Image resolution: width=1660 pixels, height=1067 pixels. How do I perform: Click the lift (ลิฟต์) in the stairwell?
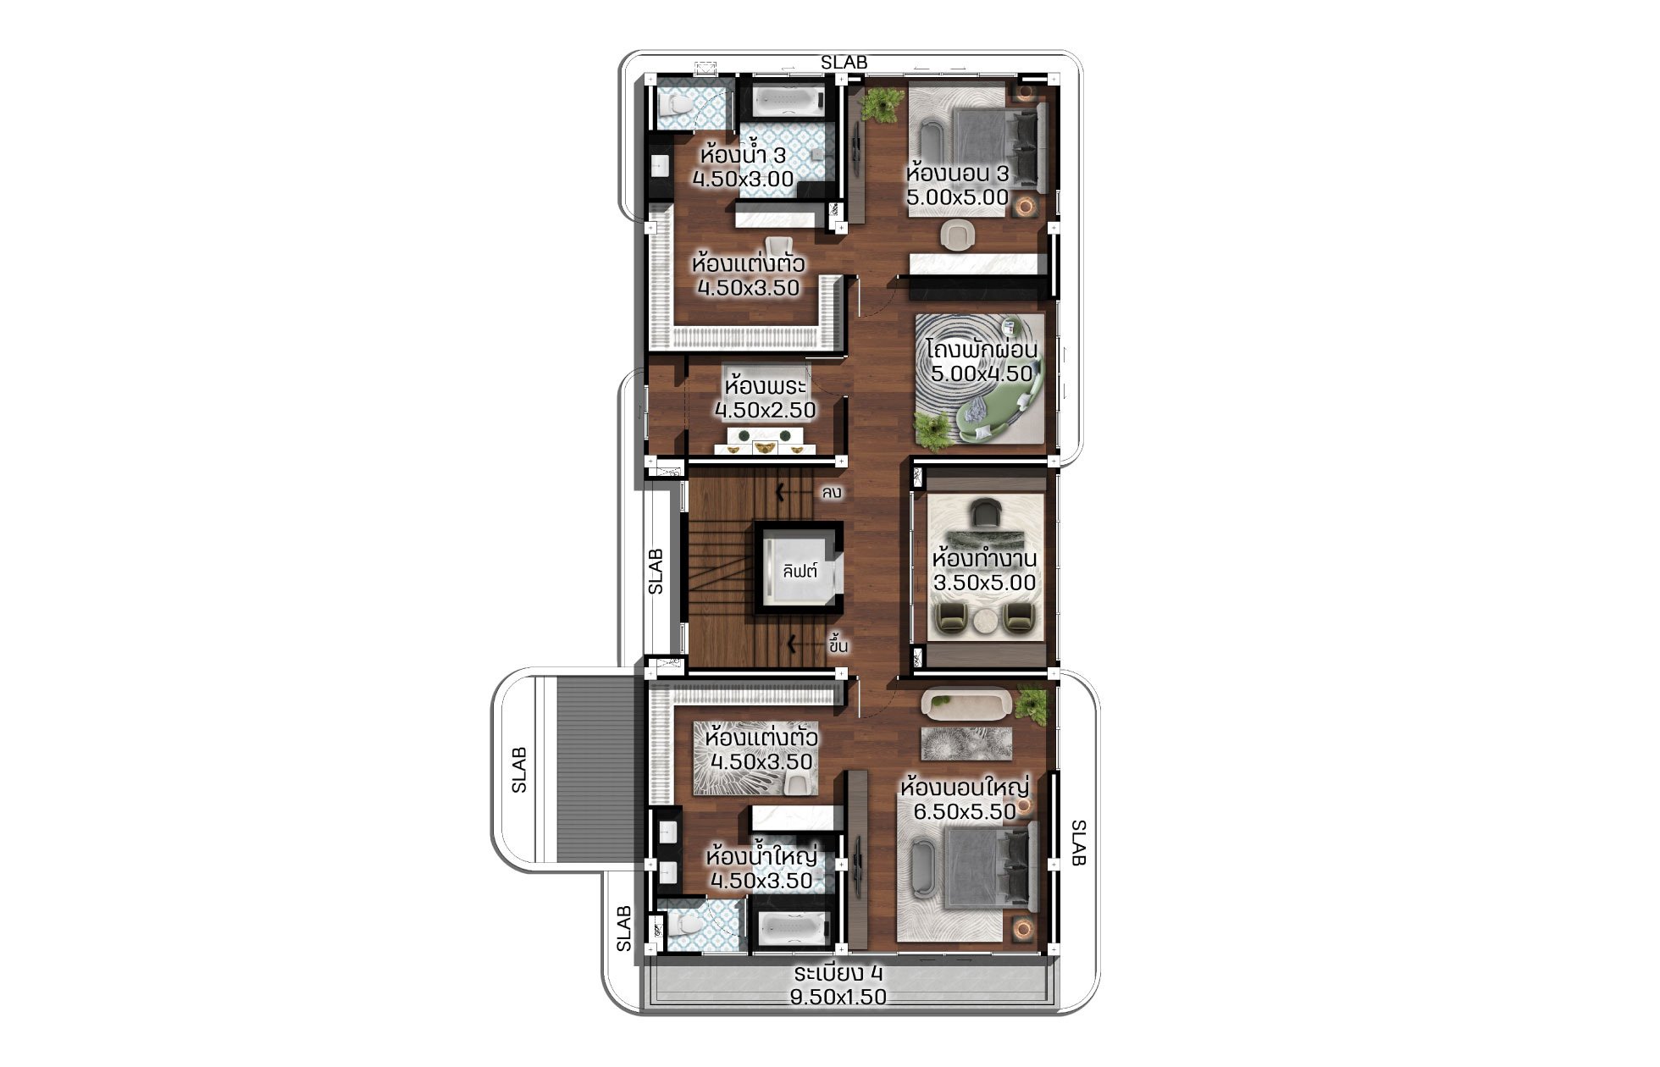[x=800, y=570]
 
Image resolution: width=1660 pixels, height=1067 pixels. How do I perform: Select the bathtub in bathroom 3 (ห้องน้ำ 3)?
[x=788, y=102]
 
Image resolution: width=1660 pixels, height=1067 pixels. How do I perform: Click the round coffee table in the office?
[x=985, y=621]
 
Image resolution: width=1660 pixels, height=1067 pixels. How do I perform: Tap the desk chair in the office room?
[x=985, y=513]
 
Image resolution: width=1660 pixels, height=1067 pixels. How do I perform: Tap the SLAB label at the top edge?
[x=844, y=63]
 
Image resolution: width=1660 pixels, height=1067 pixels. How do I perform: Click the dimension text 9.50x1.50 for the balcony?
[x=838, y=997]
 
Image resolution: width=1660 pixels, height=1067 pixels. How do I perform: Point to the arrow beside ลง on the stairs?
[x=794, y=490]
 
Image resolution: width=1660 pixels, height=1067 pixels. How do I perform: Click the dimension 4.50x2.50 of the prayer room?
[x=765, y=411]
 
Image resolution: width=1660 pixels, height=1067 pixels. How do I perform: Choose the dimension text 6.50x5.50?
[x=964, y=811]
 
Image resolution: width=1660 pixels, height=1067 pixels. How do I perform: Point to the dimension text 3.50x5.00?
[x=984, y=583]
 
